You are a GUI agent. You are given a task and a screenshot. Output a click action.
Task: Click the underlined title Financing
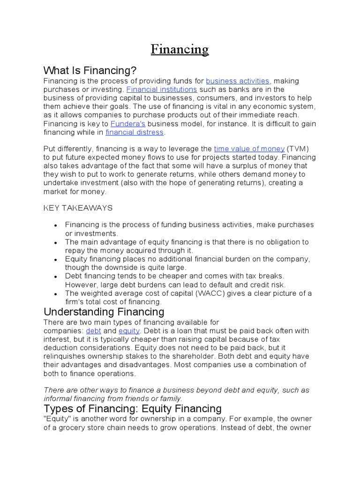pos(180,49)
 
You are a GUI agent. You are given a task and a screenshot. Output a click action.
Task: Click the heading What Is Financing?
pos(90,71)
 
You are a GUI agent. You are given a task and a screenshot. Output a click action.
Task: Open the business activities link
pos(238,81)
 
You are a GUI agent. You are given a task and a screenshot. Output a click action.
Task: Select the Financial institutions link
pos(162,90)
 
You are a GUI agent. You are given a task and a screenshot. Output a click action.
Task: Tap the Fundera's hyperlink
pos(127,124)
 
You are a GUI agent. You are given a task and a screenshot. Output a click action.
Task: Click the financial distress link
pos(135,132)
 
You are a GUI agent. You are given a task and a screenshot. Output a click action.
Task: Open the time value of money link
pos(249,149)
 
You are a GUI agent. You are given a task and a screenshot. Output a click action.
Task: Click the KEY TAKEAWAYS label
pos(78,208)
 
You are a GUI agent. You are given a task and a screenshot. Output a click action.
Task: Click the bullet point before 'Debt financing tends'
pos(56,277)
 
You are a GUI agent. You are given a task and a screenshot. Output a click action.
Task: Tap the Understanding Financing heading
pos(104,312)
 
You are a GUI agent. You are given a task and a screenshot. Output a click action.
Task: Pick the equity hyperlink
pos(126,331)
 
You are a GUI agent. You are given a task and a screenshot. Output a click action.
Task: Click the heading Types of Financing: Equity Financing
pos(132,408)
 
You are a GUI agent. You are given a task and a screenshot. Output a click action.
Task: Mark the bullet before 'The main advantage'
pos(56,243)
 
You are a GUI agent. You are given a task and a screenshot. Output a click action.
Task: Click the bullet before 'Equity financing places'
pos(56,260)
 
